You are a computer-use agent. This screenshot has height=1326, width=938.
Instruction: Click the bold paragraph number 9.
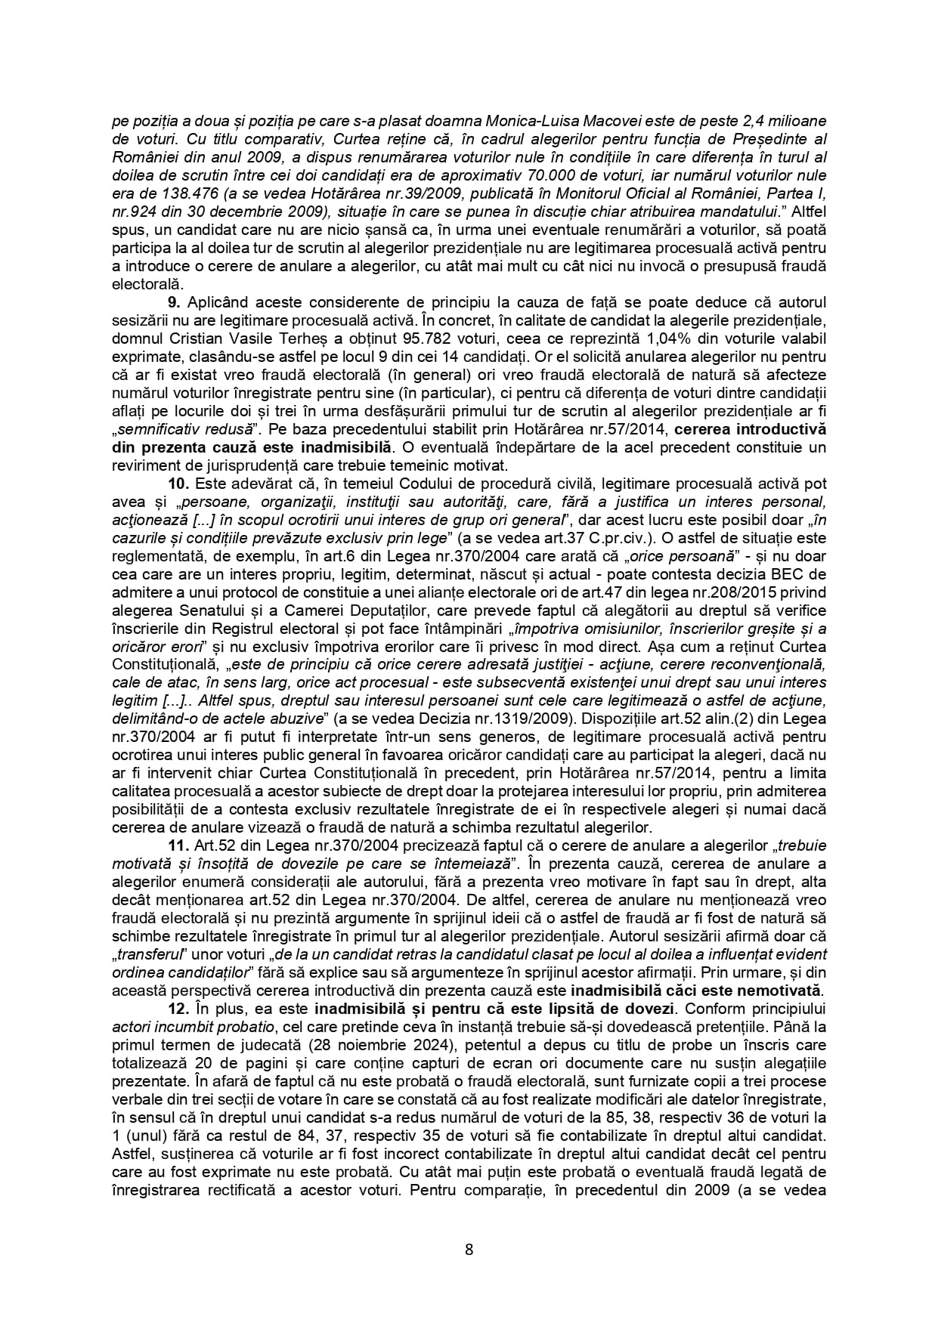tap(171, 302)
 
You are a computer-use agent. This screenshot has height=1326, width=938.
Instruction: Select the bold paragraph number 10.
tap(175, 484)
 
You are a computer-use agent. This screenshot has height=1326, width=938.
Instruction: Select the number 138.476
tap(169, 193)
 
